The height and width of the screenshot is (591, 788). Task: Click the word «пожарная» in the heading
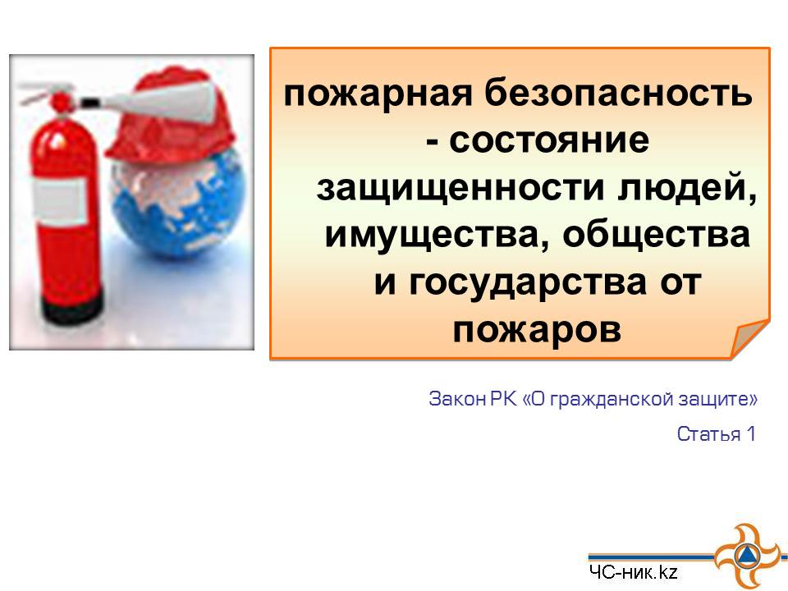click(378, 94)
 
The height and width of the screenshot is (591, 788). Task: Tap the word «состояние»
click(549, 140)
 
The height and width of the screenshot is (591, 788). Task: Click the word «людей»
click(687, 187)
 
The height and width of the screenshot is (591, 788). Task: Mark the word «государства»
click(528, 283)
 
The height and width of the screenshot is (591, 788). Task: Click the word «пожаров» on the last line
click(537, 330)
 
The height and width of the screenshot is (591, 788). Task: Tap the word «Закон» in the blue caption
click(457, 399)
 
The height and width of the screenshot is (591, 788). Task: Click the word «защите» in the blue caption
click(713, 400)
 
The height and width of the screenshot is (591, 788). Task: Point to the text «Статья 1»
click(716, 433)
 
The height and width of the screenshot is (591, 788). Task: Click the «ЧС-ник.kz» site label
click(634, 572)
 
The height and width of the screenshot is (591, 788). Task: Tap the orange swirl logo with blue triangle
click(746, 557)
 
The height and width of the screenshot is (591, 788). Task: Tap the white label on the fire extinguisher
click(60, 200)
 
